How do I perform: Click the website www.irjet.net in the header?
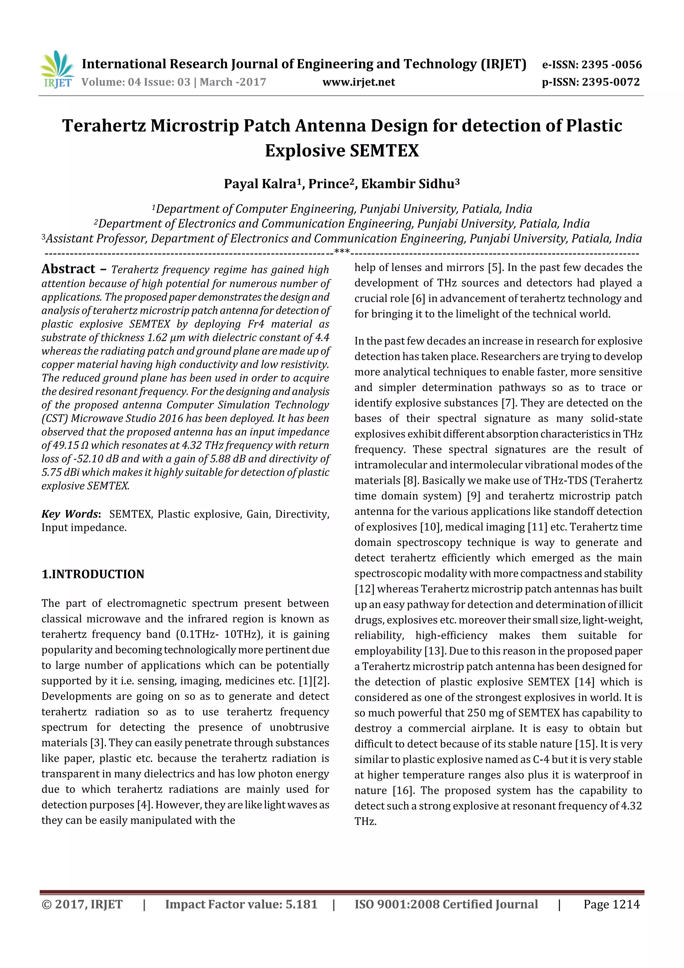pyautogui.click(x=359, y=82)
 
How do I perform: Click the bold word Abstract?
pyautogui.click(x=68, y=269)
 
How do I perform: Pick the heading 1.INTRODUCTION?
pyautogui.click(x=93, y=574)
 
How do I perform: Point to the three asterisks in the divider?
pyautogui.click(x=342, y=252)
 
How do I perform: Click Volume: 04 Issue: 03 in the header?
pyautogui.click(x=136, y=82)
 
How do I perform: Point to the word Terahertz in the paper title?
pyautogui.click(x=104, y=126)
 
